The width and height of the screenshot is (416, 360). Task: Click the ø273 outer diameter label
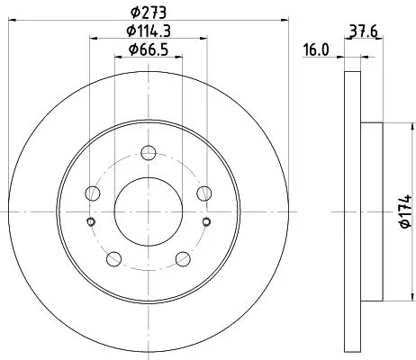click(148, 10)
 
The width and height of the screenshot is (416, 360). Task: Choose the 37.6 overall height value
click(364, 28)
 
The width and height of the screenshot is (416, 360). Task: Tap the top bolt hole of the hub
click(148, 149)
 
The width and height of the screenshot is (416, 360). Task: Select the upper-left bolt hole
click(91, 192)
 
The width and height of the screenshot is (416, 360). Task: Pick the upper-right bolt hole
click(204, 192)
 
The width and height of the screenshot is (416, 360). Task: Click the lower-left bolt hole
click(113, 259)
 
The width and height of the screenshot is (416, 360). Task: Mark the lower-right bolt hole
click(183, 259)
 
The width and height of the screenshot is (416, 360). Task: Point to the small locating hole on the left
click(90, 223)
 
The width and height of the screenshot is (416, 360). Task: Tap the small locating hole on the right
click(205, 223)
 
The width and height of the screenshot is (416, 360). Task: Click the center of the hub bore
click(148, 211)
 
